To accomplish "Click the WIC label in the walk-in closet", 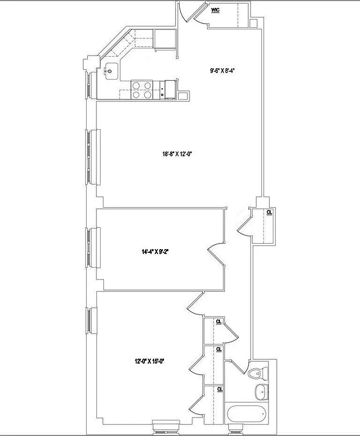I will pos(215,10).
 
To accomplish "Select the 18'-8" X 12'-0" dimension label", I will pos(178,154).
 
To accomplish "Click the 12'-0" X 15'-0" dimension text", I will pos(149,360).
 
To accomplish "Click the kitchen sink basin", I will pos(111,70).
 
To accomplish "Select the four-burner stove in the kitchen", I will pos(142,90).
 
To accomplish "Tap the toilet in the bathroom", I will pos(258,374).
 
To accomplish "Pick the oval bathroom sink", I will pos(261,391).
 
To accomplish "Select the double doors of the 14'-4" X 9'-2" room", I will pos(216,255).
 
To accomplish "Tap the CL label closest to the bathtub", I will pos(219,389).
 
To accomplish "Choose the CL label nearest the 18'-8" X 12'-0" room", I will pos(269,212).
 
